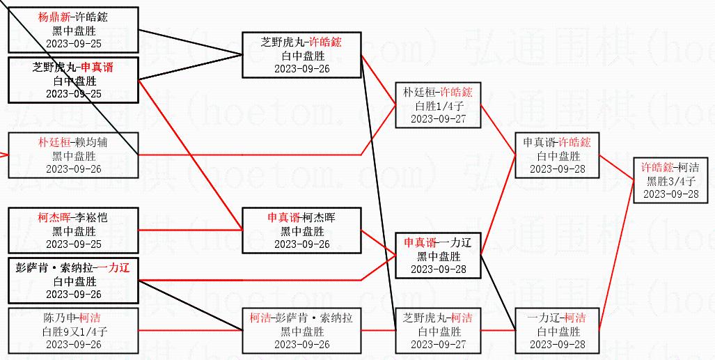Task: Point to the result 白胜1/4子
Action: pyautogui.click(x=438, y=106)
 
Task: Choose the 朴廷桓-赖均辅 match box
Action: pyautogui.click(x=72, y=155)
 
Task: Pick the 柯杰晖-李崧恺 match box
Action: pyautogui.click(x=72, y=230)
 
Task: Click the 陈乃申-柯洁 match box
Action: pyautogui.click(x=72, y=330)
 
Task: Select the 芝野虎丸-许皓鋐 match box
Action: pyautogui.click(x=301, y=55)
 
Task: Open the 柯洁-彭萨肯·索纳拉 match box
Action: pyautogui.click(x=301, y=331)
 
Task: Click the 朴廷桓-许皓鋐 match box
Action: pyautogui.click(x=438, y=105)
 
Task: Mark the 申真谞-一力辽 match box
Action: pyautogui.click(x=438, y=256)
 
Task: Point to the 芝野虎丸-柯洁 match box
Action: pyautogui.click(x=438, y=331)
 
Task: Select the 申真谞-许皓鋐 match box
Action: pyautogui.click(x=557, y=155)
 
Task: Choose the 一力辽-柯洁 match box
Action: pyautogui.click(x=557, y=331)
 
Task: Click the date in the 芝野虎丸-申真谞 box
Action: pyautogui.click(x=72, y=94)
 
